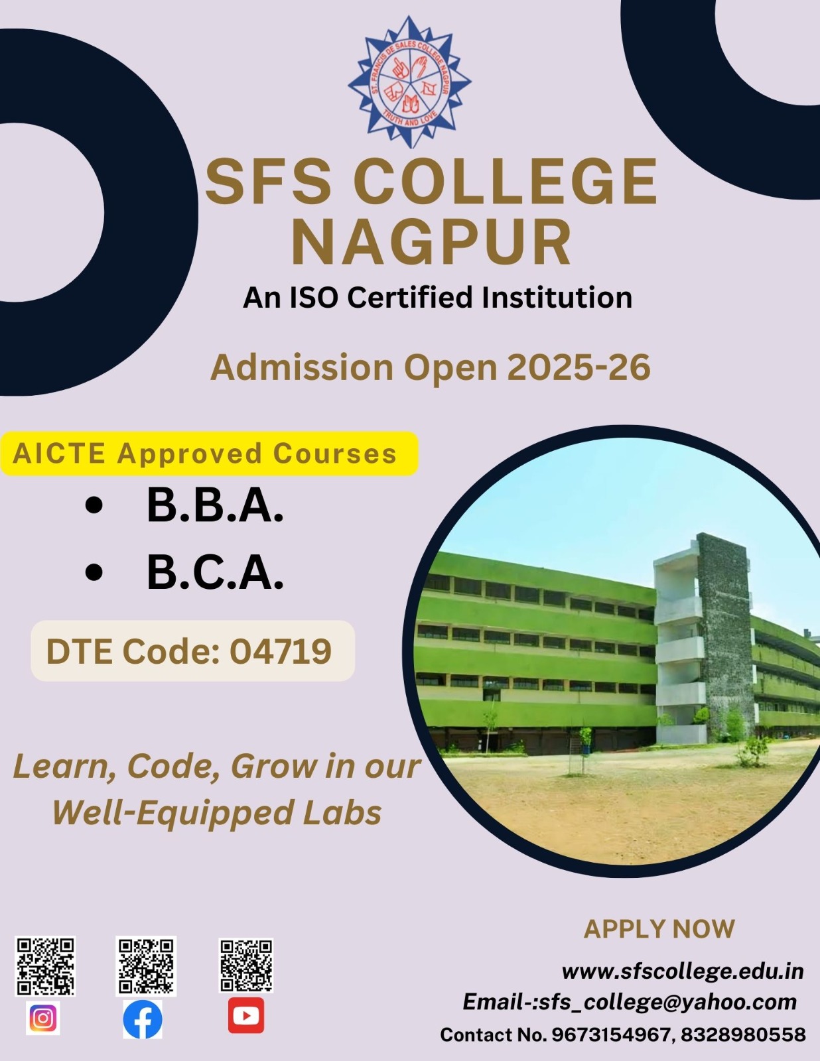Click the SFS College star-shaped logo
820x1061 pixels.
(410, 82)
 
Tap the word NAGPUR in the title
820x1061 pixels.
(432, 241)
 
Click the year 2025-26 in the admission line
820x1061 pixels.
(579, 367)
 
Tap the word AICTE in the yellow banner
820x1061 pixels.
(59, 453)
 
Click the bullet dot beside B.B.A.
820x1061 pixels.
(94, 506)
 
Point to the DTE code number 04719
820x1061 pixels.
(281, 651)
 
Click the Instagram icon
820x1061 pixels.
(43, 1018)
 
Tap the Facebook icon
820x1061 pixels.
(143, 1019)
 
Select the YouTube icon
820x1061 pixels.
(246, 1016)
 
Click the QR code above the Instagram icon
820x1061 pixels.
(45, 966)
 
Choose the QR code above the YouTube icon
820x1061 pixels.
(245, 966)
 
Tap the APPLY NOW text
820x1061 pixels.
(659, 928)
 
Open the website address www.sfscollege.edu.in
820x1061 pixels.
(683, 971)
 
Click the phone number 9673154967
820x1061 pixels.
(610, 1034)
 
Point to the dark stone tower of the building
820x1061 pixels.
(724, 635)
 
